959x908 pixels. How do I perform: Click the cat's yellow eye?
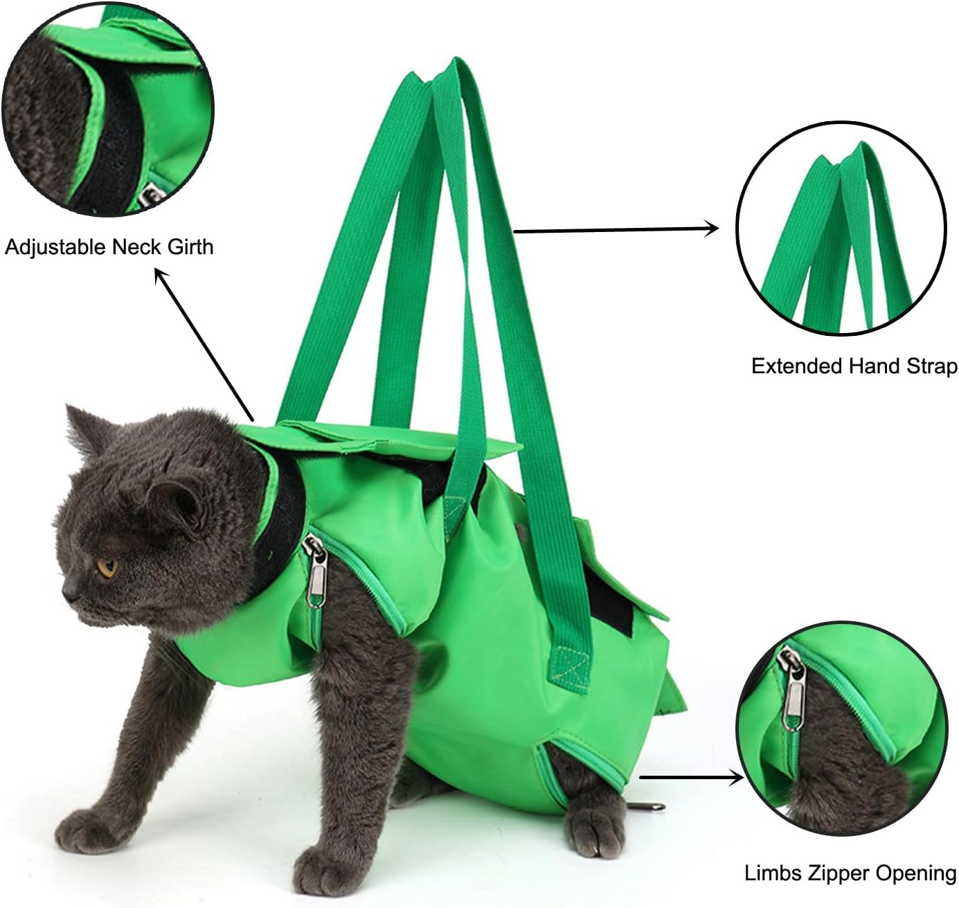click(x=107, y=567)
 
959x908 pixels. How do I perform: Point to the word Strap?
click(x=932, y=366)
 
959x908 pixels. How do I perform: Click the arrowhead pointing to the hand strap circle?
click(x=712, y=229)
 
